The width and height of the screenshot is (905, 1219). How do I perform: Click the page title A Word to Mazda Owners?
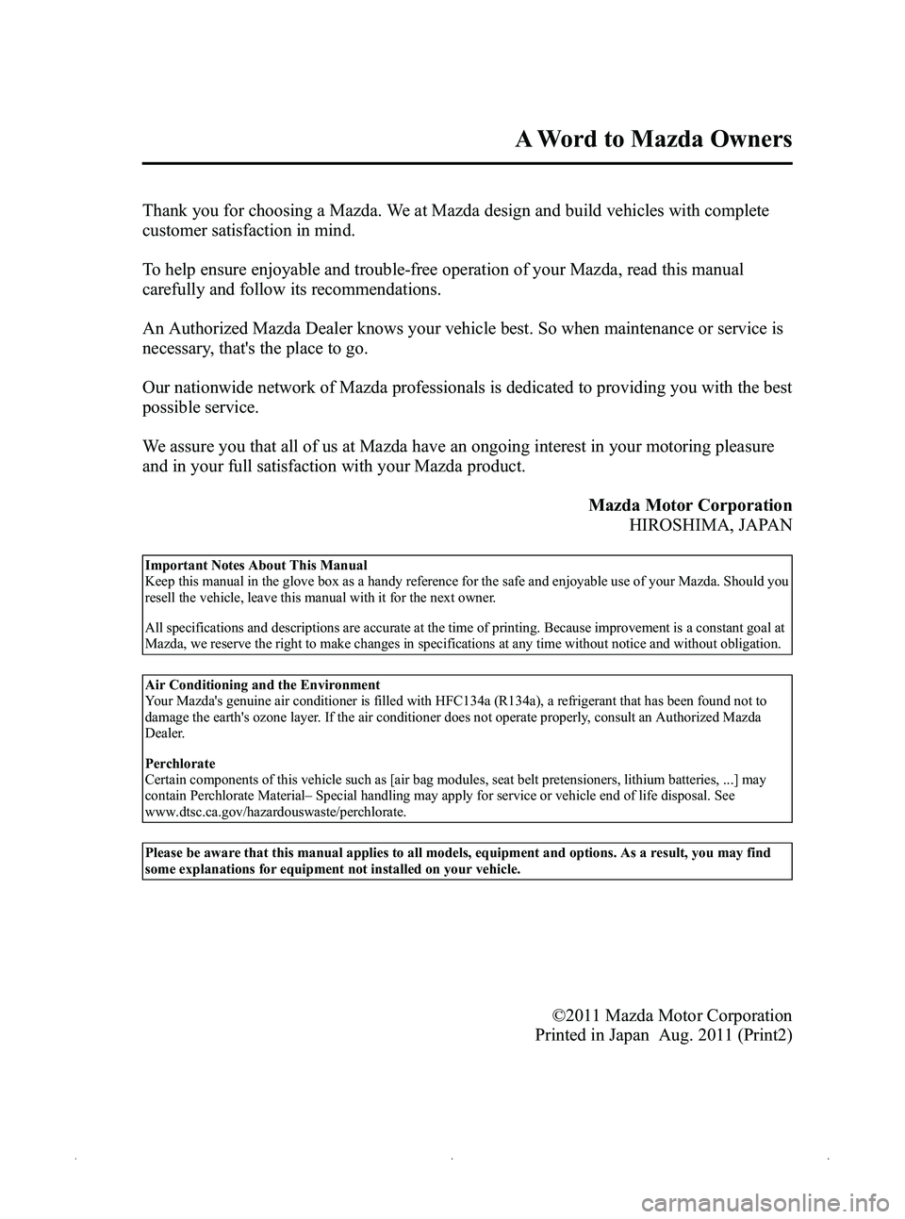point(654,140)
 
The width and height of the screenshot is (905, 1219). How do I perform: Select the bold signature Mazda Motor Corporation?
point(690,504)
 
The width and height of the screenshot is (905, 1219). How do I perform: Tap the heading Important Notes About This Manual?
point(255,566)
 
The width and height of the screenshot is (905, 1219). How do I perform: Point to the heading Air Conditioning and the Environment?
point(262,684)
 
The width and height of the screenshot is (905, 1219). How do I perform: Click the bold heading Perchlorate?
point(179,764)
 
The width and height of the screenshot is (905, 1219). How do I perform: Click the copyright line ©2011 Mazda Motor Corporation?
point(671,1015)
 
